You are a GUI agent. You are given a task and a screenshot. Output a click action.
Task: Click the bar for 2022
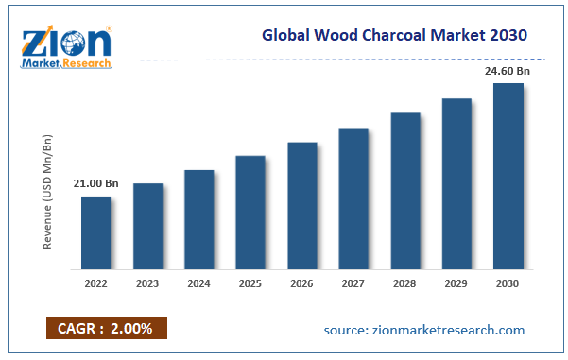point(95,231)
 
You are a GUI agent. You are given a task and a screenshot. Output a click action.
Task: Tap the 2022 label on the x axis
point(95,283)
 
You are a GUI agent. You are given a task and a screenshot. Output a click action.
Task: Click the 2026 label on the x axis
point(301,283)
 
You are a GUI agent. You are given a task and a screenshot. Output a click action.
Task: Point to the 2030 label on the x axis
point(508,283)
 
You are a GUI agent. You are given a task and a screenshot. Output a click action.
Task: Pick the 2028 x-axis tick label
point(404,283)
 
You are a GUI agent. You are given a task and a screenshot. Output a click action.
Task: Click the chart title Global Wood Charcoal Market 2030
point(394,35)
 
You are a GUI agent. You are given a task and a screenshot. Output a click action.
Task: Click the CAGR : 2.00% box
point(107,329)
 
